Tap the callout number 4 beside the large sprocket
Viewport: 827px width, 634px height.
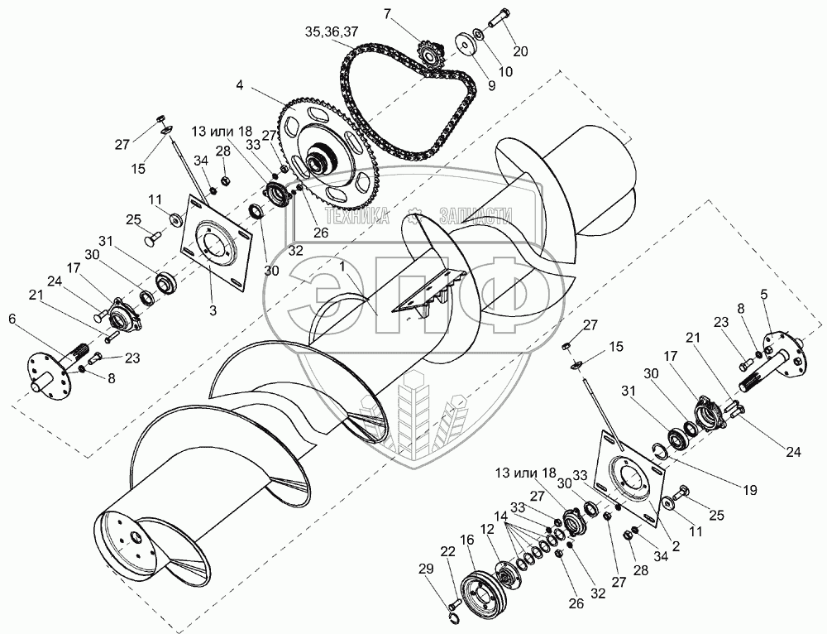point(239,85)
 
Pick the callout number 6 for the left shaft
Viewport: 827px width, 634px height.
point(12,318)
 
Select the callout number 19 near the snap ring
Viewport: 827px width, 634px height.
point(749,491)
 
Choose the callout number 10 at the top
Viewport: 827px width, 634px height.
point(504,72)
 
